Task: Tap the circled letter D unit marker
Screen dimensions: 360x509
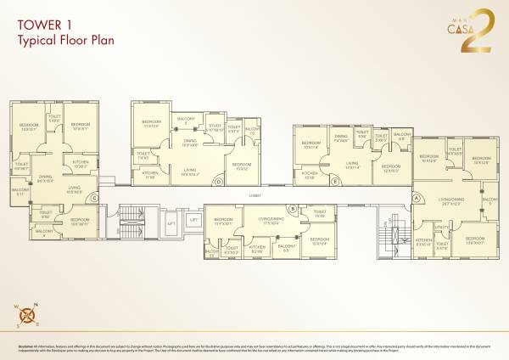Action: coord(218,181)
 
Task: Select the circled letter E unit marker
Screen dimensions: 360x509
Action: coord(336,181)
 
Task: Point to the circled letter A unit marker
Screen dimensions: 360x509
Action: coord(417,198)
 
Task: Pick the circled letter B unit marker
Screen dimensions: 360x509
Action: coord(293,208)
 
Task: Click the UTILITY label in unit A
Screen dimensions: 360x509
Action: coord(440,227)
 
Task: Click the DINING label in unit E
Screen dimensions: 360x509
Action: coord(340,137)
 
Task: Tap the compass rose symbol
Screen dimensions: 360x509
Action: coord(28,316)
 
